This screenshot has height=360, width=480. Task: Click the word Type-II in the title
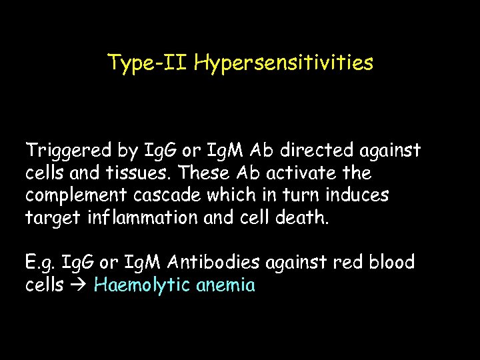pos(149,63)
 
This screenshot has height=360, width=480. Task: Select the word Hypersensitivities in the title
pos(285,63)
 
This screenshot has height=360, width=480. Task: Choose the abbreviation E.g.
pos(41,263)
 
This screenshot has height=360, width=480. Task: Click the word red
pos(337,263)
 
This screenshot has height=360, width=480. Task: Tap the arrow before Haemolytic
pos(79,286)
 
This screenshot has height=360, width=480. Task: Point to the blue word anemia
pos(226,285)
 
